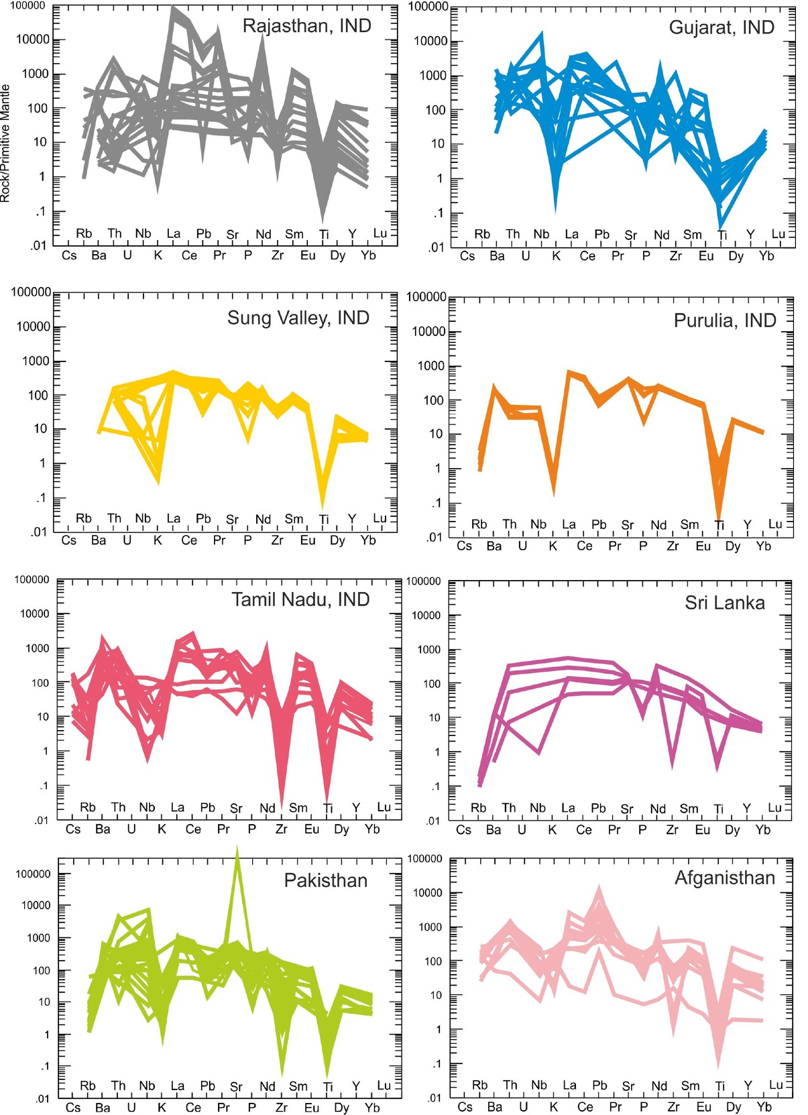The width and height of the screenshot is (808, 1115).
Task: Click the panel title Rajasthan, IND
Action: [306, 26]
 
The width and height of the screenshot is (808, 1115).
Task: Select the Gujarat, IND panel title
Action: [722, 27]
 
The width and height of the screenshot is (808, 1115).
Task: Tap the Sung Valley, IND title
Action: [298, 318]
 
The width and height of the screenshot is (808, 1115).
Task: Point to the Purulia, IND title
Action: [725, 320]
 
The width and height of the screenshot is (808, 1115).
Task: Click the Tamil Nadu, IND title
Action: [300, 599]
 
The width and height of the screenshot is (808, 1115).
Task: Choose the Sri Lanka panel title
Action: [724, 603]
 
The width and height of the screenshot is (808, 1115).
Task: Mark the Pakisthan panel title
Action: [326, 880]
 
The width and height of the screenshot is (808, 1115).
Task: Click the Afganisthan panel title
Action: [724, 878]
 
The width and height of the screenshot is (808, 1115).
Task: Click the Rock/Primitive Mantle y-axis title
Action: [5, 143]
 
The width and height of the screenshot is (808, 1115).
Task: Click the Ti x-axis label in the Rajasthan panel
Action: [324, 234]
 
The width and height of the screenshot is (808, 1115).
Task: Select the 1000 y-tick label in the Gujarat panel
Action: [432, 76]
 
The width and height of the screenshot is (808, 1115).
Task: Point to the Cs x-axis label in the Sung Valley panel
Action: [69, 540]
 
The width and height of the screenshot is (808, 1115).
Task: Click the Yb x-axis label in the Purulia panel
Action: [763, 546]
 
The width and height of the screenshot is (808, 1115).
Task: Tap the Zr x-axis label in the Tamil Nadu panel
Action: [281, 829]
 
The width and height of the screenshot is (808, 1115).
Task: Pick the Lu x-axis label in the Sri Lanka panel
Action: [774, 808]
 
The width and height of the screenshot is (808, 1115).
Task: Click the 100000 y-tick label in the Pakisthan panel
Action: [34, 874]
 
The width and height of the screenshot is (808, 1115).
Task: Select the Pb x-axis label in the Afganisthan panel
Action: [599, 1085]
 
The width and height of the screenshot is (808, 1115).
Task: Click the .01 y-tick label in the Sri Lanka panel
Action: [432, 821]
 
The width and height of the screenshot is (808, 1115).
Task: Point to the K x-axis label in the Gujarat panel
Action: [556, 256]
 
